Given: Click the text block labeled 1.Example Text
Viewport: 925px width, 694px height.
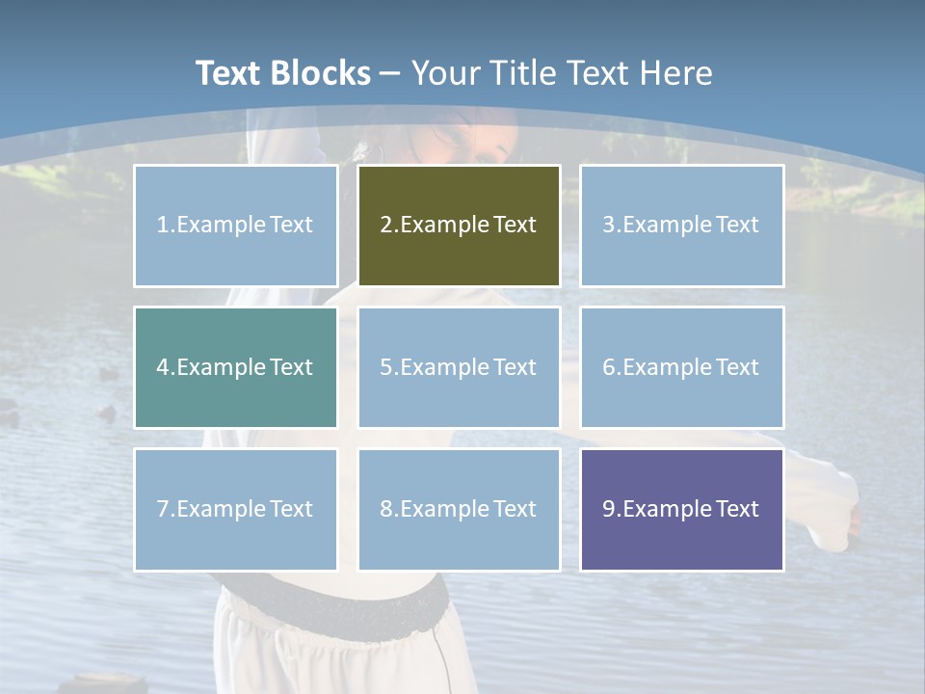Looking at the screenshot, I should (235, 226).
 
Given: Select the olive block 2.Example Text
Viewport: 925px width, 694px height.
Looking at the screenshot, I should (459, 226).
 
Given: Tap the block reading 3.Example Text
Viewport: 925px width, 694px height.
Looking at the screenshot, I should (681, 226).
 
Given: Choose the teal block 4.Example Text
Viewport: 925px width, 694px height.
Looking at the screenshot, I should (235, 367).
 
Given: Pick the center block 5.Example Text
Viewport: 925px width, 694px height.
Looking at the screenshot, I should (459, 367).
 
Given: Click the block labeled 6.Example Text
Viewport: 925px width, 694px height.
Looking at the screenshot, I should (681, 367).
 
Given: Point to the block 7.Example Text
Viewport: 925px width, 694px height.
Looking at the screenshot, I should (235, 509).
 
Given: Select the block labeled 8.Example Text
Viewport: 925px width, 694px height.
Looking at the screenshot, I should (459, 509).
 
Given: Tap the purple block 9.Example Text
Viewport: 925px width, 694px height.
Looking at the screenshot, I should (681, 509).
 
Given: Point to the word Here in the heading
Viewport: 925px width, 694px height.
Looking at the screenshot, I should (675, 73).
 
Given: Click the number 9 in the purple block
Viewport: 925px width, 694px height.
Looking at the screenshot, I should (609, 509).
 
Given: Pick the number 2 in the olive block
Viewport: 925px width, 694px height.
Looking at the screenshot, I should (385, 226).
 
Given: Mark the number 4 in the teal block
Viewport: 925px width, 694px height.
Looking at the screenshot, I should (163, 367).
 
